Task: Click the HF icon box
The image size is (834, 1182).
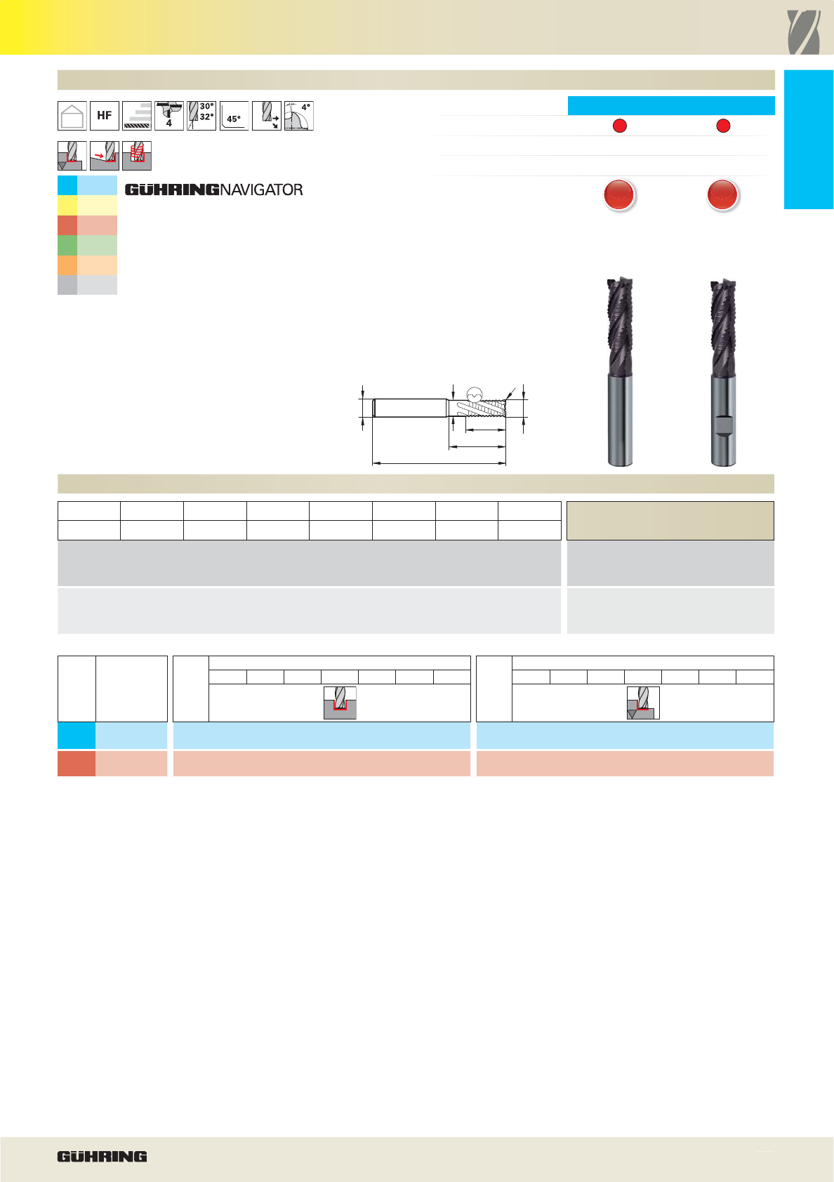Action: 105,116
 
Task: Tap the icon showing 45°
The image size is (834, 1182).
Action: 234,116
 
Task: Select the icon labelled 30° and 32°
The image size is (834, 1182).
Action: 201,116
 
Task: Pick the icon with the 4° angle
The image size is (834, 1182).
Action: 299,116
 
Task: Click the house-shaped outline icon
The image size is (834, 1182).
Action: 72,116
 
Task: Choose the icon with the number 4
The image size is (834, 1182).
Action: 169,116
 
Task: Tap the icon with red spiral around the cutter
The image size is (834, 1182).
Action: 137,156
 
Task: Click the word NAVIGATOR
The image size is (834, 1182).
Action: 261,190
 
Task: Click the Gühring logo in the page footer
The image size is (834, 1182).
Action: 102,1157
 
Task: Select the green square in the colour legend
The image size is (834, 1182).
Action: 67,246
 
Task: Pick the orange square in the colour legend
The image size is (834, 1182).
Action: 67,265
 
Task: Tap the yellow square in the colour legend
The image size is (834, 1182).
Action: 67,205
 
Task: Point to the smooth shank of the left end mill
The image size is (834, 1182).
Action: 620,420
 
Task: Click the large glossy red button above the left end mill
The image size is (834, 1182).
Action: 619,194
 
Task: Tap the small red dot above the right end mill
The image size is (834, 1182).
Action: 723,126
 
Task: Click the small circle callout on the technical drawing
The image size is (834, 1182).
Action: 475,394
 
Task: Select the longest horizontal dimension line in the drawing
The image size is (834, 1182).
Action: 439,463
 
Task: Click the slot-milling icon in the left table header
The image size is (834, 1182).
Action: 340,703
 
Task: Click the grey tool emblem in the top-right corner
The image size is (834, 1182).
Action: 803,32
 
